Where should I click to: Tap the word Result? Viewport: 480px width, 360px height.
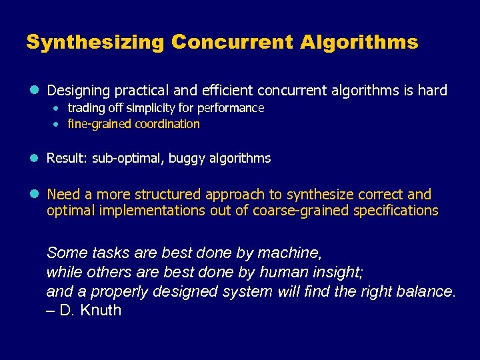pos(65,159)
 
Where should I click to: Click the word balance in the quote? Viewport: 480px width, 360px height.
pos(425,291)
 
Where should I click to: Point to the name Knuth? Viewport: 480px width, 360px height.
pos(100,311)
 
